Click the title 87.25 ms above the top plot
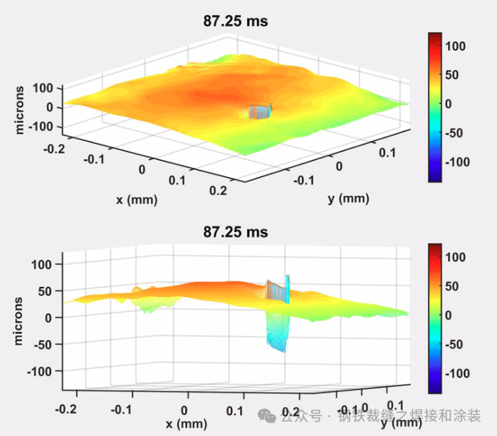click(x=235, y=22)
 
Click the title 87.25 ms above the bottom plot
click(x=235, y=232)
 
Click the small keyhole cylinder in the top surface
click(x=259, y=111)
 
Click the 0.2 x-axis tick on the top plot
click(x=217, y=190)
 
